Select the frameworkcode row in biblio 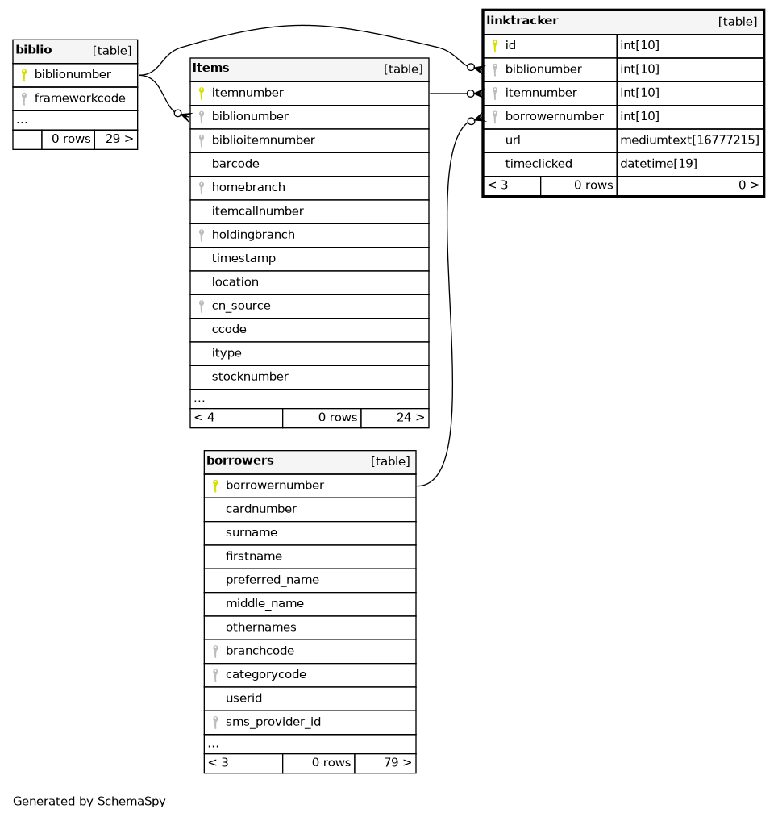[x=79, y=98]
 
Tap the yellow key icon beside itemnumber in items [x=202, y=94]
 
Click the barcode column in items [x=235, y=164]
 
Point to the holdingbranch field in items [x=253, y=235]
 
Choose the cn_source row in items [x=241, y=306]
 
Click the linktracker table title [x=522, y=20]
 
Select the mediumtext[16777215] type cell [x=689, y=140]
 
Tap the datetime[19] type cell [x=659, y=164]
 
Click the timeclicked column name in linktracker [x=539, y=164]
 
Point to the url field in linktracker [x=513, y=140]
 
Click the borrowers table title [x=240, y=461]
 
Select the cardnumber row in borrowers [x=261, y=509]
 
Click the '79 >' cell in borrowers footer [x=385, y=762]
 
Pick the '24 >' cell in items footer [x=394, y=417]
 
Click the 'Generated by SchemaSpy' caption [x=89, y=802]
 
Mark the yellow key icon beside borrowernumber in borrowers [x=215, y=486]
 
